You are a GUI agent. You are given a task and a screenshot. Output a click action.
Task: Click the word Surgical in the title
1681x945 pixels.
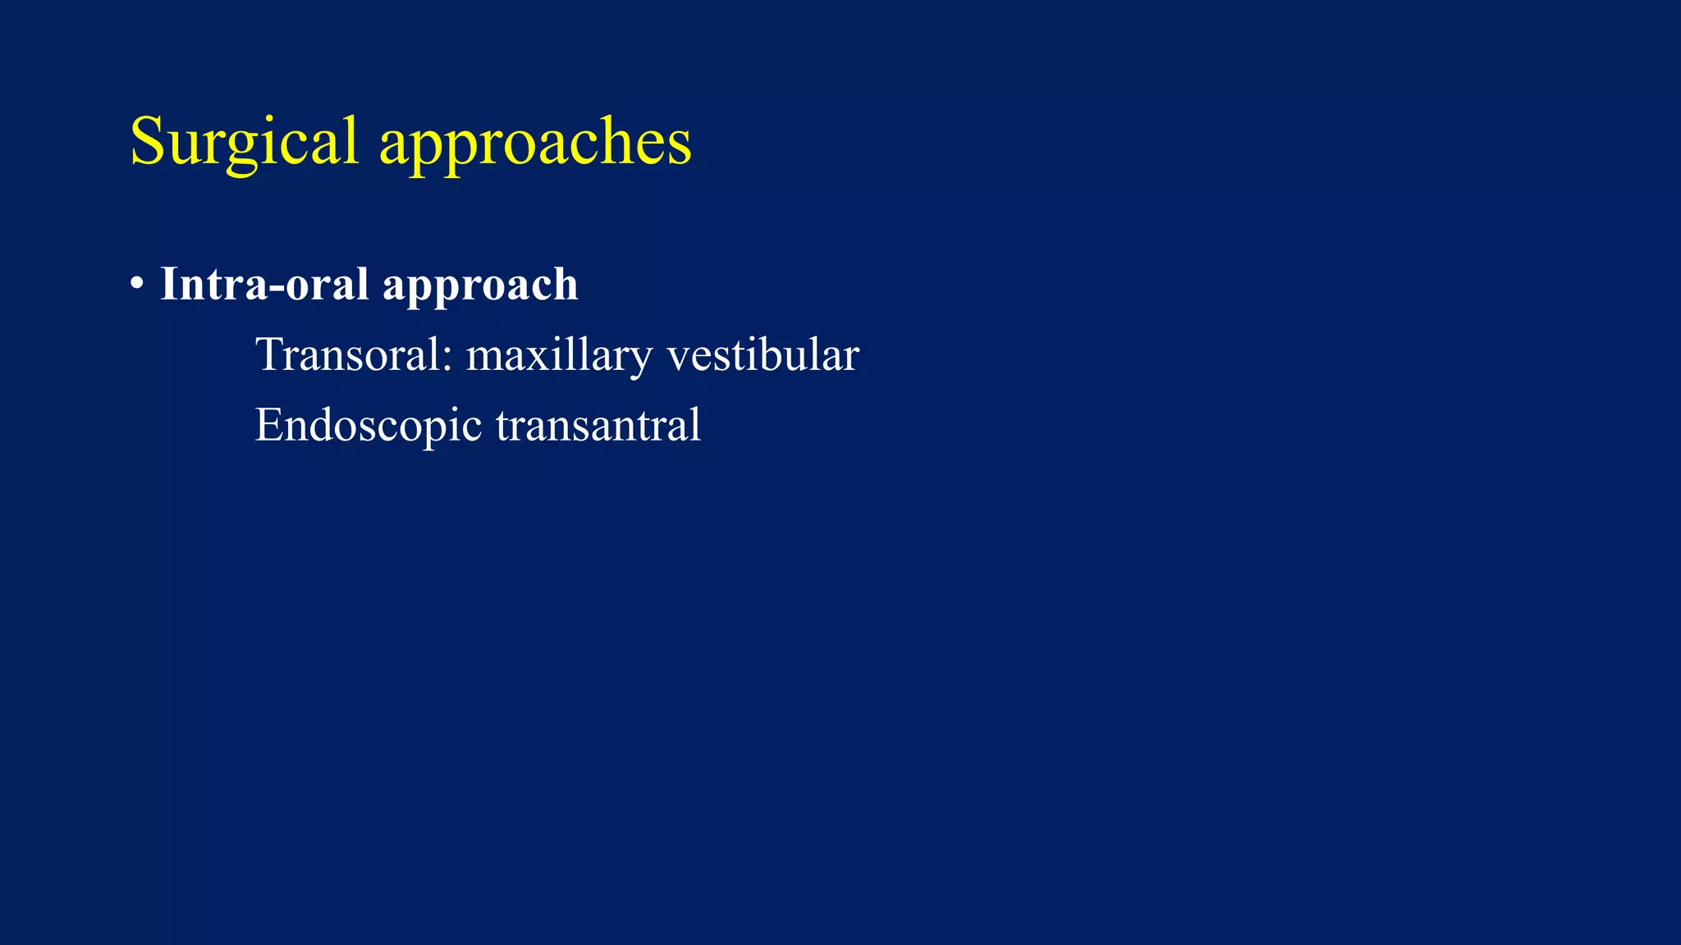pos(244,142)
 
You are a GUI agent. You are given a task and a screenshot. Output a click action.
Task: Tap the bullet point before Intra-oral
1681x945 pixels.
pos(137,285)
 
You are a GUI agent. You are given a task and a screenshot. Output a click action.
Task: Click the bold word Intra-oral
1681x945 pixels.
pos(263,284)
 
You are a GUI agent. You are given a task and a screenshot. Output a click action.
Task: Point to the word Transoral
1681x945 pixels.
pos(348,354)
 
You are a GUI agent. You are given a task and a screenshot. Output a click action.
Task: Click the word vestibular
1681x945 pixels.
pos(763,354)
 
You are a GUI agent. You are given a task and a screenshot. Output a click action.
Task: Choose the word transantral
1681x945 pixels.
pos(598,425)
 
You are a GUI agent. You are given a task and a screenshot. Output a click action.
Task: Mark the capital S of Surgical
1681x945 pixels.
pos(149,141)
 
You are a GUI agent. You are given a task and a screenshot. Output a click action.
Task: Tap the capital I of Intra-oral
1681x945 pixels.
pos(169,284)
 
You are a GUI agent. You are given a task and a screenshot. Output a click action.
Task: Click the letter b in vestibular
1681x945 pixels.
pos(775,354)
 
